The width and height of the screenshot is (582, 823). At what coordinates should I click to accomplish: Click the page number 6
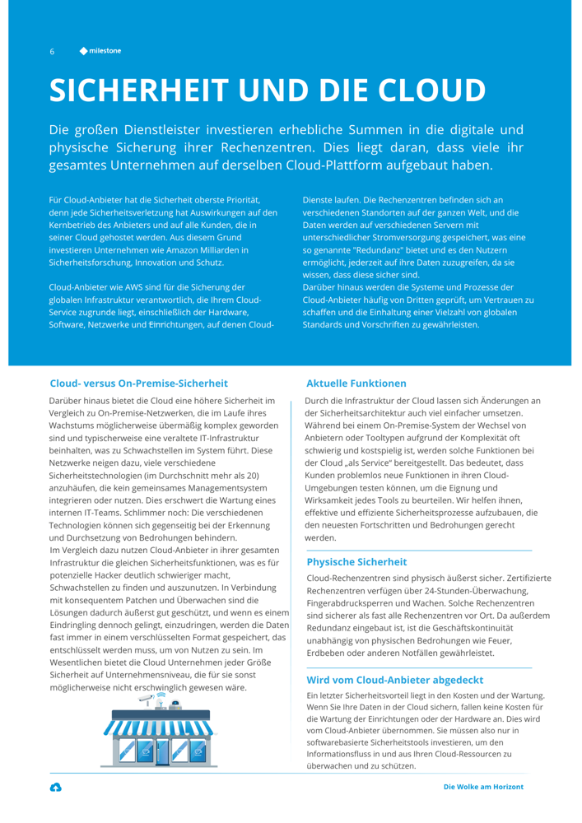pyautogui.click(x=52, y=51)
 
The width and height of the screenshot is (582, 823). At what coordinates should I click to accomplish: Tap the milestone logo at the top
pyautogui.click(x=100, y=51)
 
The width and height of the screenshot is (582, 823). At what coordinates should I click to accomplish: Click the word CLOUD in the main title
pyautogui.click(x=415, y=89)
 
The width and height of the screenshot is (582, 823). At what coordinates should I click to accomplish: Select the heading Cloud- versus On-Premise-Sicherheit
pyautogui.click(x=138, y=384)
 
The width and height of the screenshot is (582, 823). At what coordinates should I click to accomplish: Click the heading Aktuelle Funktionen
pyautogui.click(x=356, y=384)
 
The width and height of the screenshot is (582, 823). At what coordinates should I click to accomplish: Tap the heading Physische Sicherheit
pyautogui.click(x=356, y=561)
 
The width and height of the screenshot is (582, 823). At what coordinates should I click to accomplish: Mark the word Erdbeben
pyautogui.click(x=325, y=653)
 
